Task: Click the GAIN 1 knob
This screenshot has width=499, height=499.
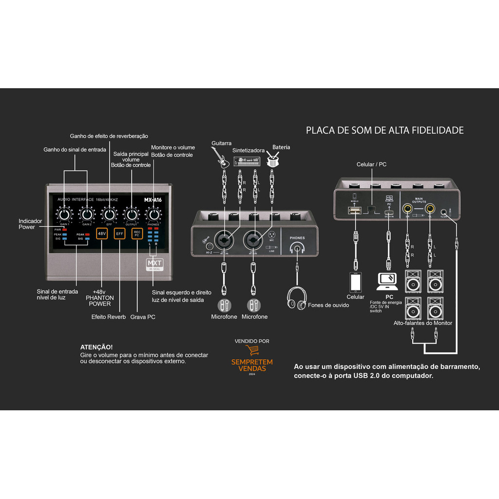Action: [x=64, y=214]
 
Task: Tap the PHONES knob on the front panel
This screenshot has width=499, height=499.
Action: [x=154, y=214]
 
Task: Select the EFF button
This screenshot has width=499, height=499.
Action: [x=119, y=234]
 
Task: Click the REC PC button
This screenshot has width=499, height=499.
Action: [x=137, y=234]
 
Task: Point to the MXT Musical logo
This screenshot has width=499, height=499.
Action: [x=154, y=265]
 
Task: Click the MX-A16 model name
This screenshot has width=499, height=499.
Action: [x=154, y=199]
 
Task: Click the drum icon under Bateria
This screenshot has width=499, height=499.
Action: [x=274, y=159]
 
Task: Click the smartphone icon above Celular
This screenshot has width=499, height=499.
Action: [x=356, y=282]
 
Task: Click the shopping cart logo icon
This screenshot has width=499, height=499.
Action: [x=252, y=350]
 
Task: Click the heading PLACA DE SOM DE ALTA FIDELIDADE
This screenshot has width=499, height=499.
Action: [x=384, y=131]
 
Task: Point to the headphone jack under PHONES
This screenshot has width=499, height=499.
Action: [x=297, y=249]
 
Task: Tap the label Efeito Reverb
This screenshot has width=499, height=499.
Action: [x=108, y=317]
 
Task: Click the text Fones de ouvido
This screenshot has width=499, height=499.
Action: [x=328, y=306]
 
